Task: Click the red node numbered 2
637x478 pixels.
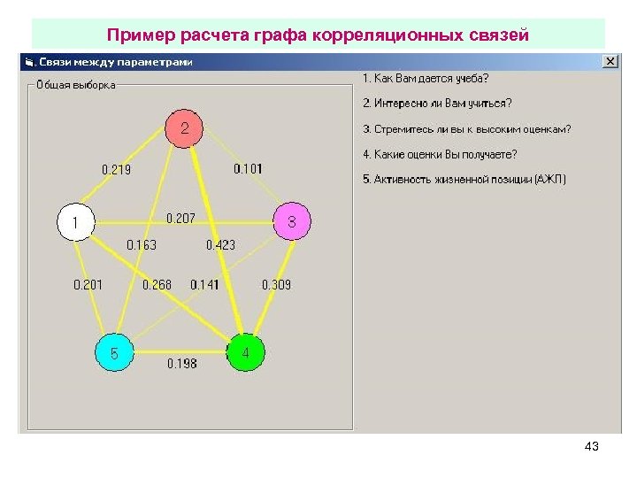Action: click(x=184, y=129)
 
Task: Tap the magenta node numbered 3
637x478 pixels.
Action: click(x=292, y=221)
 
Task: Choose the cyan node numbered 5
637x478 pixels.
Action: click(x=114, y=354)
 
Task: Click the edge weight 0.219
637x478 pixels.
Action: click(x=116, y=169)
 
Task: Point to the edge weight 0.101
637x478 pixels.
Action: click(x=248, y=168)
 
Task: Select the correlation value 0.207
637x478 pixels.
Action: click(x=180, y=218)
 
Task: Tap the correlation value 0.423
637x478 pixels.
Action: click(x=220, y=245)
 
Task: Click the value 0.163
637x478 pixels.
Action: click(x=142, y=245)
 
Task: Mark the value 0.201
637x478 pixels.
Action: click(x=88, y=284)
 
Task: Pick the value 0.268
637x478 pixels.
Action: click(x=157, y=284)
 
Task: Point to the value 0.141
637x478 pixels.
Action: click(x=204, y=284)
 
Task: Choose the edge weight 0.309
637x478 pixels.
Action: click(x=276, y=284)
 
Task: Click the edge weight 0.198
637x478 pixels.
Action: click(x=182, y=364)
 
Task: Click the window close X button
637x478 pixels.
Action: click(x=610, y=62)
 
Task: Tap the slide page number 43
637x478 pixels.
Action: click(x=592, y=446)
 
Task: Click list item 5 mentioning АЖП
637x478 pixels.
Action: click(x=464, y=180)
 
